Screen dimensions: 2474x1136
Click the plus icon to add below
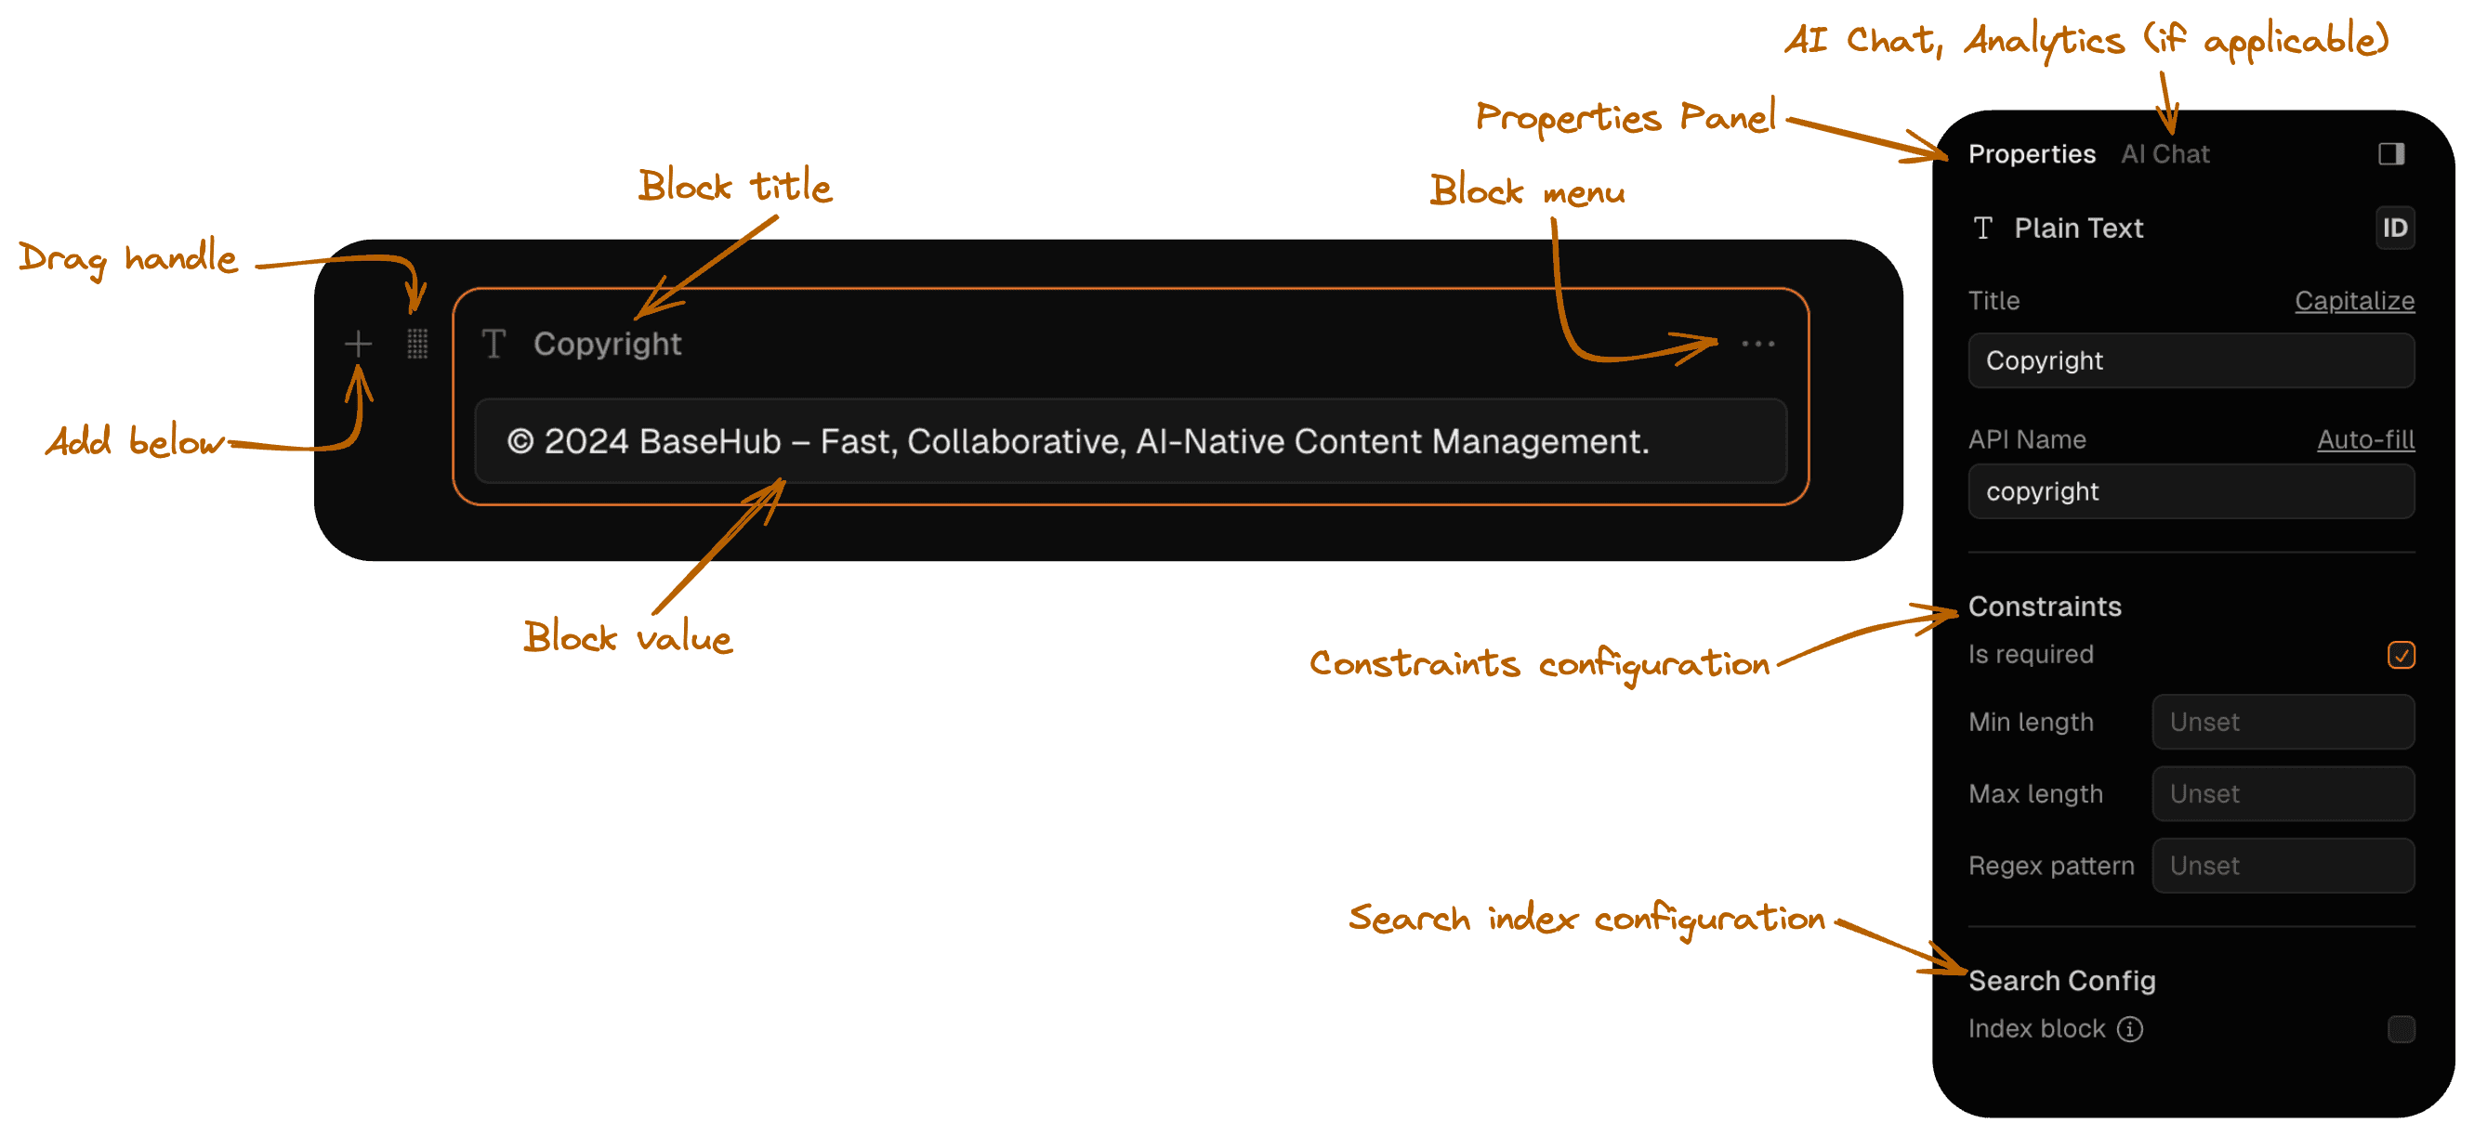tap(358, 344)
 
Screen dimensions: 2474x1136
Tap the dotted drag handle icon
tap(416, 344)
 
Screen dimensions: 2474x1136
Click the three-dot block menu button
tap(1757, 344)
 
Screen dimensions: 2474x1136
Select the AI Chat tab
tap(2165, 153)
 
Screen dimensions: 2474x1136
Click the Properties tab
tap(2032, 153)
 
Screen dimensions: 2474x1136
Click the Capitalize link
tap(2354, 301)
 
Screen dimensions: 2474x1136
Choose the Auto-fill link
tap(2365, 439)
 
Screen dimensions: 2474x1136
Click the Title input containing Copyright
tap(2191, 360)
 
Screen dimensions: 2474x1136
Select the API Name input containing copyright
tap(2191, 491)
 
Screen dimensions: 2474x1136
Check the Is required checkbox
tap(2401, 655)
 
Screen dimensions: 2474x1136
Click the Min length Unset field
tap(2283, 722)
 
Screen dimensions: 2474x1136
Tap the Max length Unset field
tap(2283, 794)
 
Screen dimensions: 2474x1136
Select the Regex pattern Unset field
tap(2283, 866)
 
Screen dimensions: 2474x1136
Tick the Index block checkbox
tap(2401, 1029)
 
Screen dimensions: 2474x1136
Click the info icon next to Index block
tap(2129, 1029)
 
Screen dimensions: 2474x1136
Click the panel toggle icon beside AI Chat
tap(2391, 153)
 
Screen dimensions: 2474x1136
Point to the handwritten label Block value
tap(628, 637)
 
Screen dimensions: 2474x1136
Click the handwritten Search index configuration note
tap(1586, 919)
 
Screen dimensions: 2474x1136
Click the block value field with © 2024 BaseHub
tap(1130, 441)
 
